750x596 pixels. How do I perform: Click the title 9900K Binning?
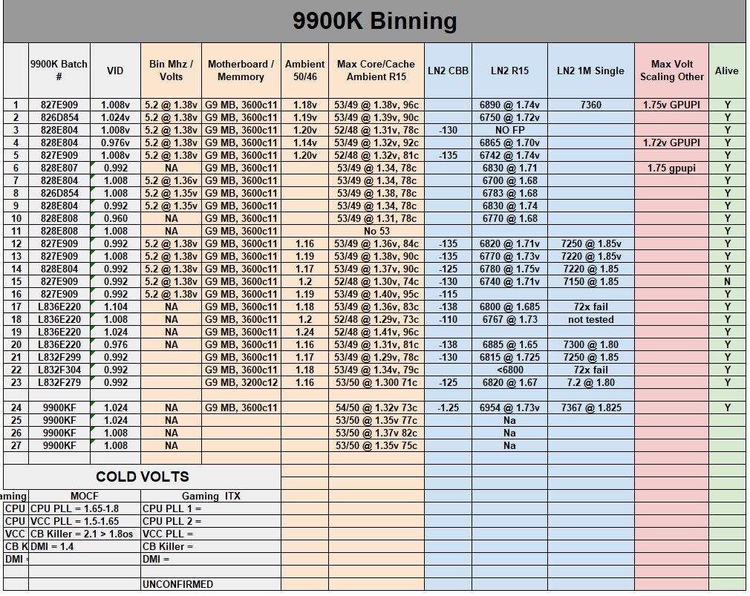point(374,21)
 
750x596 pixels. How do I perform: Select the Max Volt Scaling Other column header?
point(671,71)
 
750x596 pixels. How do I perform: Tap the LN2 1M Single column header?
point(590,71)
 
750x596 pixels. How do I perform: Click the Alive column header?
point(726,71)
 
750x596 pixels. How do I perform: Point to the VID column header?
point(115,71)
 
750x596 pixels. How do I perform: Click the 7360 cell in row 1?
point(590,105)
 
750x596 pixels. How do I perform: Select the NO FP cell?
point(509,131)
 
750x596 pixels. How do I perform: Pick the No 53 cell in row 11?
point(376,231)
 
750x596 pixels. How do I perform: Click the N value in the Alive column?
point(727,281)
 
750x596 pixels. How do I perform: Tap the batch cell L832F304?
point(59,370)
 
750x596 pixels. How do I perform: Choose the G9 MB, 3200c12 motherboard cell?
point(241,382)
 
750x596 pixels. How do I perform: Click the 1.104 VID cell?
point(115,307)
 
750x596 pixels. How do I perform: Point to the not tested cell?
point(590,319)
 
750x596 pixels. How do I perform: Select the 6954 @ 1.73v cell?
point(509,407)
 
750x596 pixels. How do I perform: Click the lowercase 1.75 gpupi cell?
point(671,168)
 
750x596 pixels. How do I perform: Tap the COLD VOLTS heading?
point(142,477)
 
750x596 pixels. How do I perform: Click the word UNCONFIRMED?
point(177,584)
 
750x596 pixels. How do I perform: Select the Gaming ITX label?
point(211,496)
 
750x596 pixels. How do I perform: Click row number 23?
point(15,382)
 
